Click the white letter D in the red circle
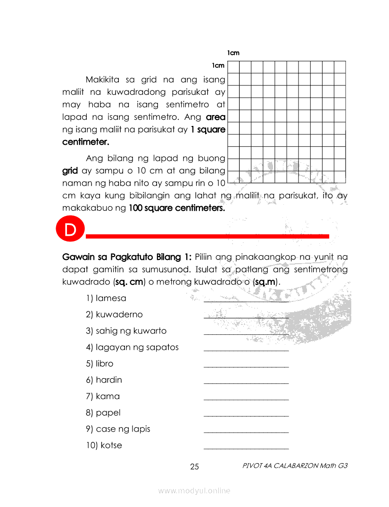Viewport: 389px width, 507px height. pyautogui.click(x=69, y=230)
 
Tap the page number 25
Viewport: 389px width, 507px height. pyautogui.click(x=194, y=467)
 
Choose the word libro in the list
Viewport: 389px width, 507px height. pyautogui.click(x=99, y=364)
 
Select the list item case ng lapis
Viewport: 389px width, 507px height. pyautogui.click(x=118, y=429)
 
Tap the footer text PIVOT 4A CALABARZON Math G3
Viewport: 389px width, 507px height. pyautogui.click(x=295, y=465)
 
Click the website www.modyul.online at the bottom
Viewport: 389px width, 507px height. pyautogui.click(x=194, y=491)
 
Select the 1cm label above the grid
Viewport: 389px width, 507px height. pyautogui.click(x=233, y=53)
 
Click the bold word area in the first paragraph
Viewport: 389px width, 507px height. pyautogui.click(x=215, y=117)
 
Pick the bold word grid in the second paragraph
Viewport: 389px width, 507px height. pyautogui.click(x=70, y=170)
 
